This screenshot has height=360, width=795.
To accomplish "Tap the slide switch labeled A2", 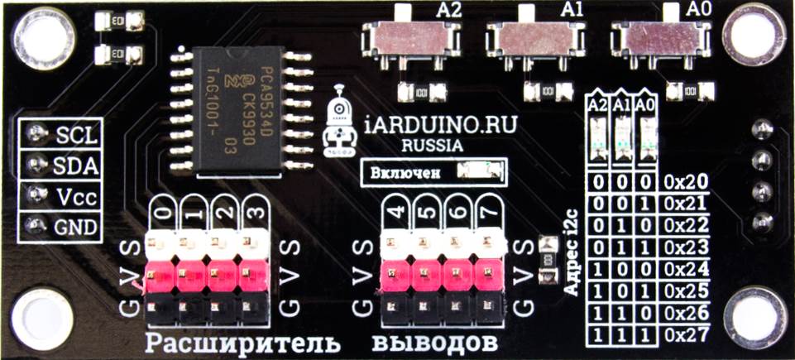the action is click(410, 36).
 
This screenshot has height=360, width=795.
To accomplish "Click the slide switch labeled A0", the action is click(659, 36).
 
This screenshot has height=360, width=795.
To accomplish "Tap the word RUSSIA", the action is click(433, 146).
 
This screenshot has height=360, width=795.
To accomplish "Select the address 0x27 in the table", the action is click(686, 335).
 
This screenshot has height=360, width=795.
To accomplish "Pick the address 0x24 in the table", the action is click(686, 270).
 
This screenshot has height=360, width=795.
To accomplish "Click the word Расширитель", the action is click(242, 342).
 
